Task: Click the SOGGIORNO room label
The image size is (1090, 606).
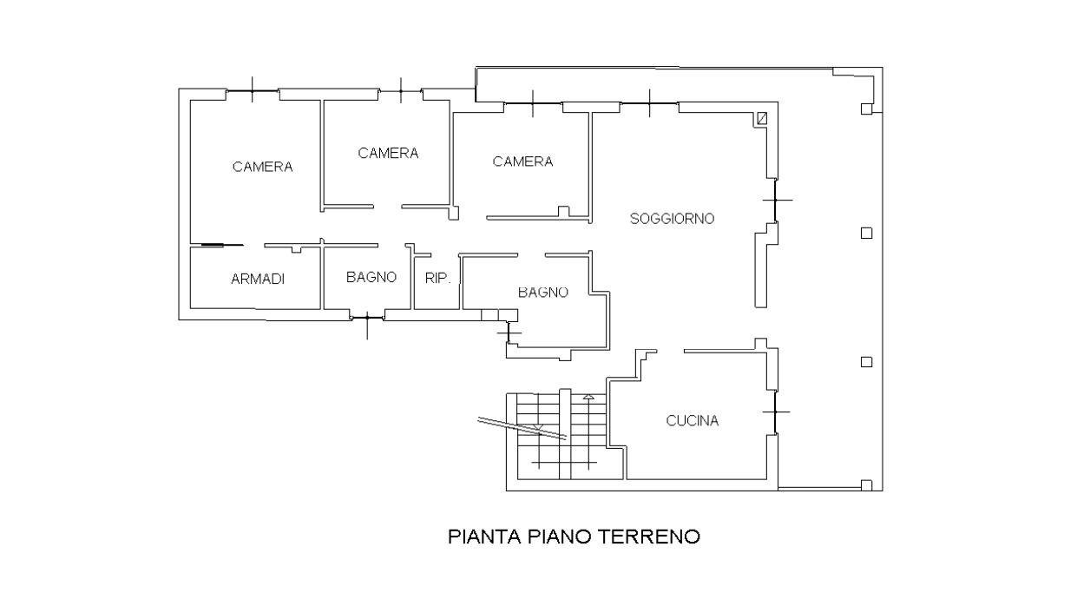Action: tap(672, 219)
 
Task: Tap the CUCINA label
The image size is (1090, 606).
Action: tap(692, 420)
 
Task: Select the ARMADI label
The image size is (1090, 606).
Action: tap(258, 279)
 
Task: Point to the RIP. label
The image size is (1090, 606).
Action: tap(437, 278)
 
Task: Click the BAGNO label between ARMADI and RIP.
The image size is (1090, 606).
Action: tap(371, 277)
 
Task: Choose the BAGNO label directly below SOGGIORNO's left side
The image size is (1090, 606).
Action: tap(543, 292)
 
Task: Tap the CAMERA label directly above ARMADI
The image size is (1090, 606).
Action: tap(262, 167)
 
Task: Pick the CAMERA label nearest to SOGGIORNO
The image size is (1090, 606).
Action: tap(522, 161)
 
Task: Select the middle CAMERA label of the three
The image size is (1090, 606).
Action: tap(388, 154)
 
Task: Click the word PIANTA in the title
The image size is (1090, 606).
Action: tap(485, 537)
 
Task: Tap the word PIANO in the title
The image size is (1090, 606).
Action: tap(560, 537)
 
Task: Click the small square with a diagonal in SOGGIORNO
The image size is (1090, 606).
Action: tap(762, 118)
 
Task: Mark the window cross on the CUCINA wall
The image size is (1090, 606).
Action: tap(776, 412)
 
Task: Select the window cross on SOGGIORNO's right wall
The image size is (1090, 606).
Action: tap(777, 200)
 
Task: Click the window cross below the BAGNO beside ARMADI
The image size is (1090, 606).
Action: tap(367, 319)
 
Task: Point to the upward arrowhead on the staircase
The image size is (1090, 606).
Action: tap(588, 397)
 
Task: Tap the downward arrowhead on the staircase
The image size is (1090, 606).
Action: tap(538, 427)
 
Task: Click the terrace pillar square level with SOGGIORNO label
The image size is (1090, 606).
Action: tap(866, 234)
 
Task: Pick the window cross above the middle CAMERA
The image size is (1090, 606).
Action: tap(400, 90)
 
